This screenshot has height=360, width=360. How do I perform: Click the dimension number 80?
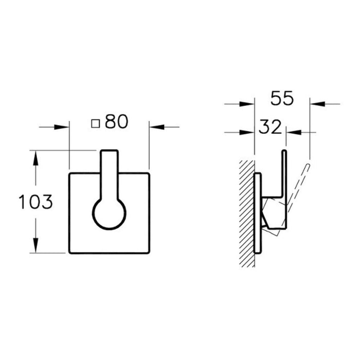pos(116,122)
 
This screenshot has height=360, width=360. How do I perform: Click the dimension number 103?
pos(35,202)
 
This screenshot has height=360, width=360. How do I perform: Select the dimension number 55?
pos(282,99)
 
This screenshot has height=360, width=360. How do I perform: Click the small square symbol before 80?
pos(95,123)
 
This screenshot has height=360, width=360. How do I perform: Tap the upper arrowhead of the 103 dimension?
pos(35,156)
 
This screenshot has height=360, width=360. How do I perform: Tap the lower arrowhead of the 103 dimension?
pos(35,247)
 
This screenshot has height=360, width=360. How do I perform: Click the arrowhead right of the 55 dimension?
pos(315,104)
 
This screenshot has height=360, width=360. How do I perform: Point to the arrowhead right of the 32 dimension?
pos(292,133)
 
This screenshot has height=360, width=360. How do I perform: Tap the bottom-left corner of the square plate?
pos(69,253)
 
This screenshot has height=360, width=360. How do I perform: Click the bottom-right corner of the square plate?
pos(149,253)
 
